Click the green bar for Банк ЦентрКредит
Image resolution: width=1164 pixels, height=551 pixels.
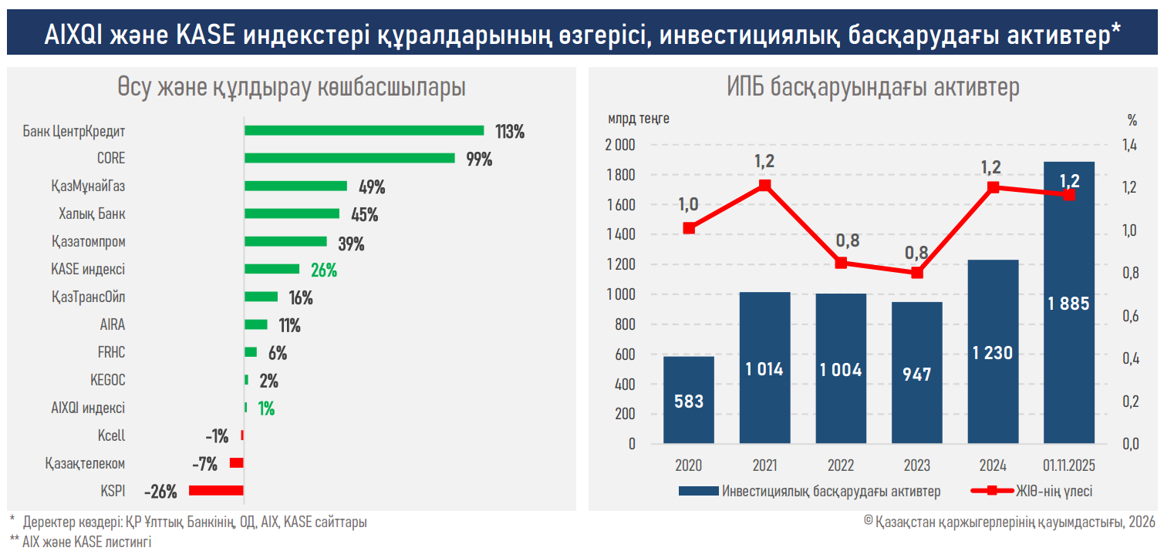tap(364, 130)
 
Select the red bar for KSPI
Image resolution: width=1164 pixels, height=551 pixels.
tap(216, 490)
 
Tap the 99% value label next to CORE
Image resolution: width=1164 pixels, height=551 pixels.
tap(479, 159)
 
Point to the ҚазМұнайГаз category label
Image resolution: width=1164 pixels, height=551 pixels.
tap(87, 186)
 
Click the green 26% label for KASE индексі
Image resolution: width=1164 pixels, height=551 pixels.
tap(324, 270)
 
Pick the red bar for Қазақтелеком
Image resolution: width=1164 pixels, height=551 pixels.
tap(237, 463)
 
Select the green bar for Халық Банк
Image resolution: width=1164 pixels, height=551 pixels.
tap(292, 213)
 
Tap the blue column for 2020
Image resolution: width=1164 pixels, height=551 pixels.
tap(688, 400)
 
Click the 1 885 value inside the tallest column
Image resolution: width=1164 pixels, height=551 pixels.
tap(1068, 304)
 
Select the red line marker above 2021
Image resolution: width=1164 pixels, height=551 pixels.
tap(764, 186)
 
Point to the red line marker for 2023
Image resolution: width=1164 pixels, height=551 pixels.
tap(917, 273)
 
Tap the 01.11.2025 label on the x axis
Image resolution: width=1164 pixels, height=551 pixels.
tap(1068, 465)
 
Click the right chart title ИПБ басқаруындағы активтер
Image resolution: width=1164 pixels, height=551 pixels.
tap(872, 87)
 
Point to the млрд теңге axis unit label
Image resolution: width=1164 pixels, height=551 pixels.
tap(638, 119)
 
